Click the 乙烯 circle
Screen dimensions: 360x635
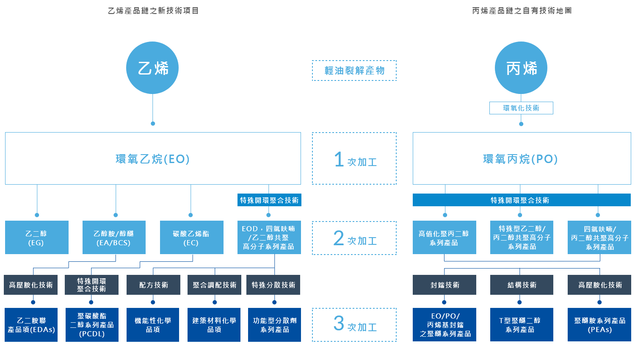click(152, 68)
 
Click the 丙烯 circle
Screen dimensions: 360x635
click(521, 68)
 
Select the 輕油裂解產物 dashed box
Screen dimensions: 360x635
click(354, 70)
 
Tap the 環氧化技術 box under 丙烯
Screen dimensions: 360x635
click(521, 108)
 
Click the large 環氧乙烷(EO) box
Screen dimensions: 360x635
click(153, 158)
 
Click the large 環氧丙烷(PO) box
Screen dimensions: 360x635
click(522, 158)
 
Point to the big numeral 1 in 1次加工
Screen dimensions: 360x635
click(339, 160)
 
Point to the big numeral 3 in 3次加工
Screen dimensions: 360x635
click(339, 323)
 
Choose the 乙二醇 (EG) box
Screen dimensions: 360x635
click(36, 238)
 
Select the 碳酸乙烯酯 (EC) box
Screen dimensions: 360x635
click(191, 238)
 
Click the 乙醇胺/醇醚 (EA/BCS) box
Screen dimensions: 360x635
click(114, 238)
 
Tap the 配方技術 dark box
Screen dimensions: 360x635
click(153, 285)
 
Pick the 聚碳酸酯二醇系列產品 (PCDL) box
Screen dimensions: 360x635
click(92, 325)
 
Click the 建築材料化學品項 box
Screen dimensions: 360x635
click(214, 325)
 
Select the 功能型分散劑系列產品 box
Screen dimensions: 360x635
click(274, 325)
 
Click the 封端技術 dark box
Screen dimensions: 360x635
click(444, 285)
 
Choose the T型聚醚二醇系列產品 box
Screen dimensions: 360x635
click(522, 325)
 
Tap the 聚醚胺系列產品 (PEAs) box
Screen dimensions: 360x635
click(599, 325)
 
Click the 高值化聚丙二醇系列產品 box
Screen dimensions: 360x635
click(444, 238)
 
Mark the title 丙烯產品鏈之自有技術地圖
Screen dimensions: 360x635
click(522, 11)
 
